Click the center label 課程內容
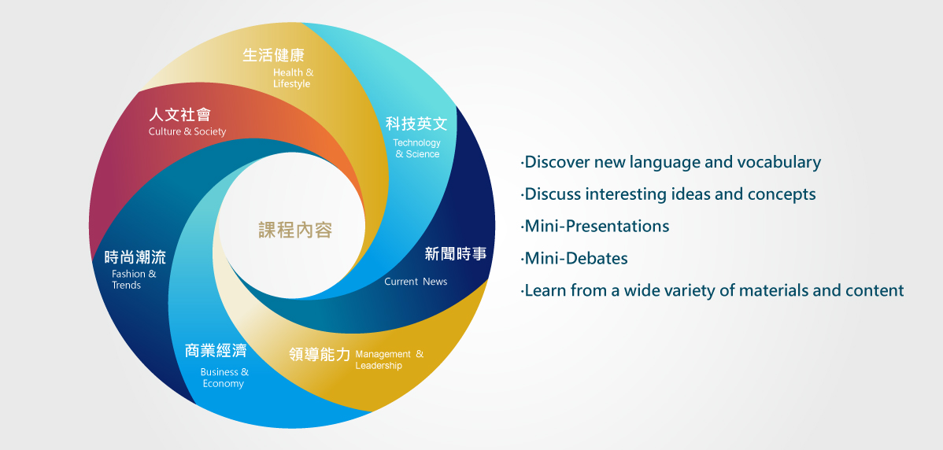pos(295,230)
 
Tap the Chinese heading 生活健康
pos(274,55)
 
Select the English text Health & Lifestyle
pos(293,78)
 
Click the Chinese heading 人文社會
pos(179,114)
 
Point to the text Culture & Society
pos(187,131)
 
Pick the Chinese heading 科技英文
pos(416,124)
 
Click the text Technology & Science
pos(416,149)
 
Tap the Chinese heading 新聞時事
pos(456,254)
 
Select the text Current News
pos(416,282)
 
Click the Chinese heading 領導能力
pos(320,355)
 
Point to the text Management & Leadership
pos(389,360)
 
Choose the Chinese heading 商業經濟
pos(216,350)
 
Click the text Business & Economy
pos(224,378)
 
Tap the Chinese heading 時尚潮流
pos(135,257)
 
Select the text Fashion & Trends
pos(134,279)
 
